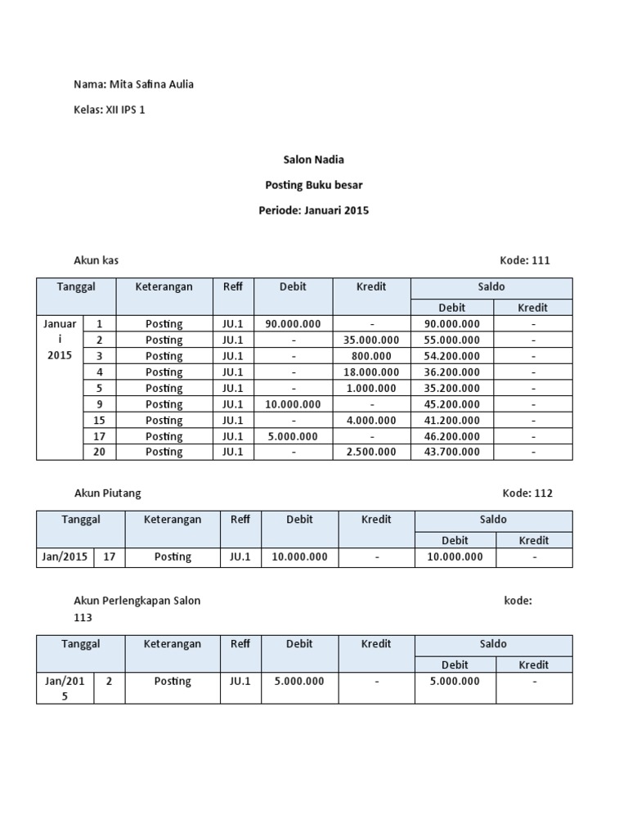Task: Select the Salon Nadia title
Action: click(x=313, y=160)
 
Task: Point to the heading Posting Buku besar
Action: click(x=313, y=185)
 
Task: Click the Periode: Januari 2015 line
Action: click(x=313, y=210)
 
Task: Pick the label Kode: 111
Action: click(x=524, y=261)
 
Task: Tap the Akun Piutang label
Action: click(x=107, y=493)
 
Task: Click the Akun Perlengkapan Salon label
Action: click(x=137, y=601)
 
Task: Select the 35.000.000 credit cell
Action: click(x=371, y=340)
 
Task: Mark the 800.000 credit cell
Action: click(x=371, y=356)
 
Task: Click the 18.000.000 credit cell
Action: click(x=371, y=372)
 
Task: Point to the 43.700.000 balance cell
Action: click(x=451, y=452)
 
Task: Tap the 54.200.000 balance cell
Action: click(x=451, y=356)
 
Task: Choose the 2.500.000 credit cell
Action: click(x=371, y=452)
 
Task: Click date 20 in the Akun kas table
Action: click(x=100, y=452)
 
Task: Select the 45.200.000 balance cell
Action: click(x=451, y=404)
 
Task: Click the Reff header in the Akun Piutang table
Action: click(x=240, y=520)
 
